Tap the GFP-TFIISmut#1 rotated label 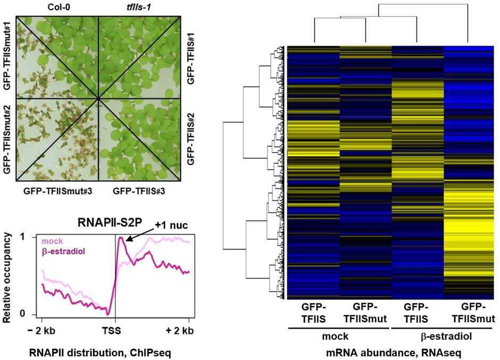(7, 55)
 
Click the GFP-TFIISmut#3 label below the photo (56, 190)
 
